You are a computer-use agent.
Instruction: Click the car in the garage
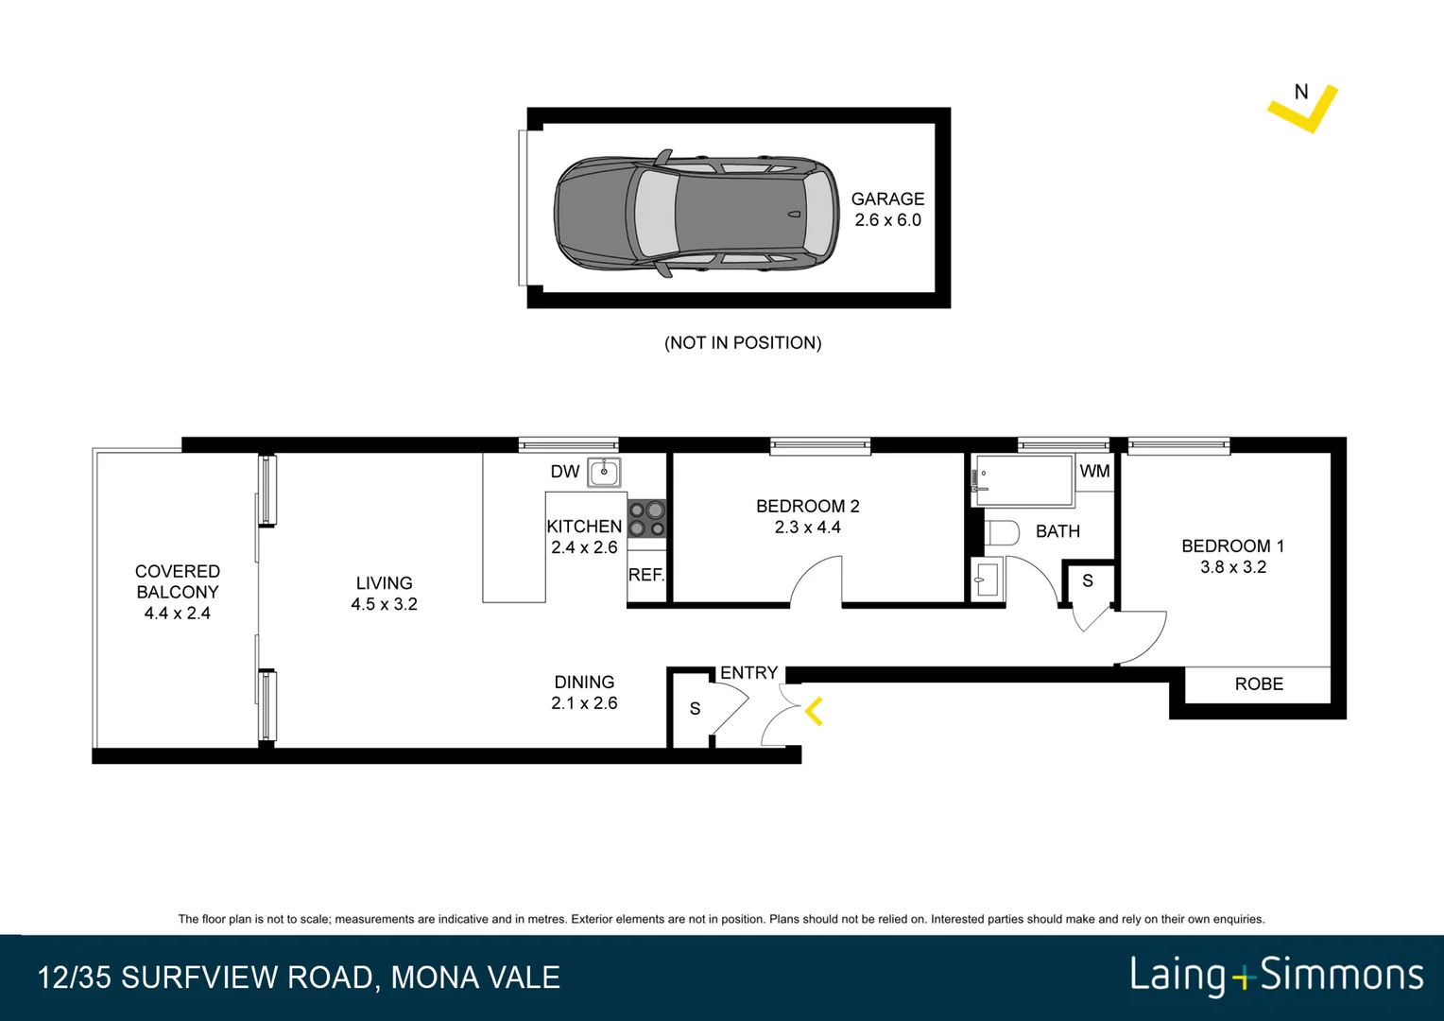[x=696, y=214]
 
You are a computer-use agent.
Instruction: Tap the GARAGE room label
[x=887, y=199]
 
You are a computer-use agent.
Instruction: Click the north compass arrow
[x=1303, y=108]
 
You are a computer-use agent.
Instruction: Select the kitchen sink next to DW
[x=604, y=472]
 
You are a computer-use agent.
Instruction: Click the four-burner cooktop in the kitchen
[x=647, y=519]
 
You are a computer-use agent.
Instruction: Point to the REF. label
[x=646, y=575]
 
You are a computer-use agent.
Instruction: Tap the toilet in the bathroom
[x=1002, y=533]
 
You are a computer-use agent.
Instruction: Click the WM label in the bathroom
[x=1094, y=471]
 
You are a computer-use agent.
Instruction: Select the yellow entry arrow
[x=814, y=711]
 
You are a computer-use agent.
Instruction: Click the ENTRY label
[x=748, y=673]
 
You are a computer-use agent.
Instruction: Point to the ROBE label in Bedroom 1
[x=1259, y=684]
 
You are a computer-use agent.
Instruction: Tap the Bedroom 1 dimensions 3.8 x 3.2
[x=1233, y=567]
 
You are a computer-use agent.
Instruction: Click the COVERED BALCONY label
[x=177, y=582]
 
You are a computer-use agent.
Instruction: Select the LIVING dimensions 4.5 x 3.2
[x=384, y=604]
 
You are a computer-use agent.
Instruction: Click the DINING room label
[x=584, y=683]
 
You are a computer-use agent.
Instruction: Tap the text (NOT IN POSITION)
[x=743, y=343]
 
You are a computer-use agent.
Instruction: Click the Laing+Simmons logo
[x=1276, y=976]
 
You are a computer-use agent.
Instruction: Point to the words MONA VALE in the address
[x=475, y=978]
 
